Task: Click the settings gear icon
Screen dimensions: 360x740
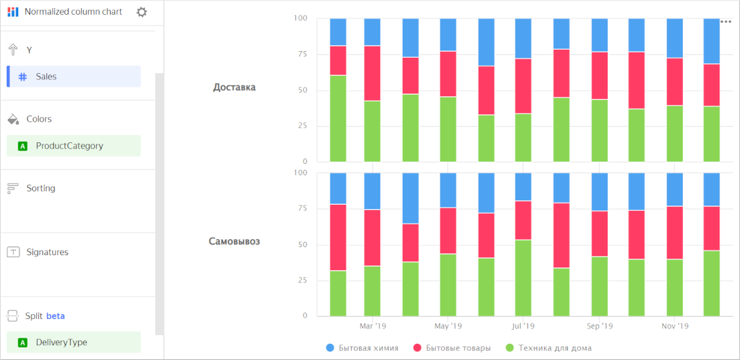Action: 142,12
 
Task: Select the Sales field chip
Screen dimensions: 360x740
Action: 74,77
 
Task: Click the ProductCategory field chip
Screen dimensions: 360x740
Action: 74,146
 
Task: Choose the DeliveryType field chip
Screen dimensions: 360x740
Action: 74,343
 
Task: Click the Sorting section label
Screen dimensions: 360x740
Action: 41,189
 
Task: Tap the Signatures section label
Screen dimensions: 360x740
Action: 47,253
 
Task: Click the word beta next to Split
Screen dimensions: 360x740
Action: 56,316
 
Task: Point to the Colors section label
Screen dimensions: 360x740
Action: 39,119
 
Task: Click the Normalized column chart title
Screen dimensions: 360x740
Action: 73,11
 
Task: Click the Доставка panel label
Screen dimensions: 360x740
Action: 234,87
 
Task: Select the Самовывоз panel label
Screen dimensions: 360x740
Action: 234,241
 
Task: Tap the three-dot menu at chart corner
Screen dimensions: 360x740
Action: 725,21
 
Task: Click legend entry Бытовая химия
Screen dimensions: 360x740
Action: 368,348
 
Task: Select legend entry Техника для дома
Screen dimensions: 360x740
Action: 555,348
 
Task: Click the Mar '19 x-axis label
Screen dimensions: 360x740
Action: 373,326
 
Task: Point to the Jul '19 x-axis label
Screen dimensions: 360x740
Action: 524,326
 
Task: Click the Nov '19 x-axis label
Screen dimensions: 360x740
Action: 675,326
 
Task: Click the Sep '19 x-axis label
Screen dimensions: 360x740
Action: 600,326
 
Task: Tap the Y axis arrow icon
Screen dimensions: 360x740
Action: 13,50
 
